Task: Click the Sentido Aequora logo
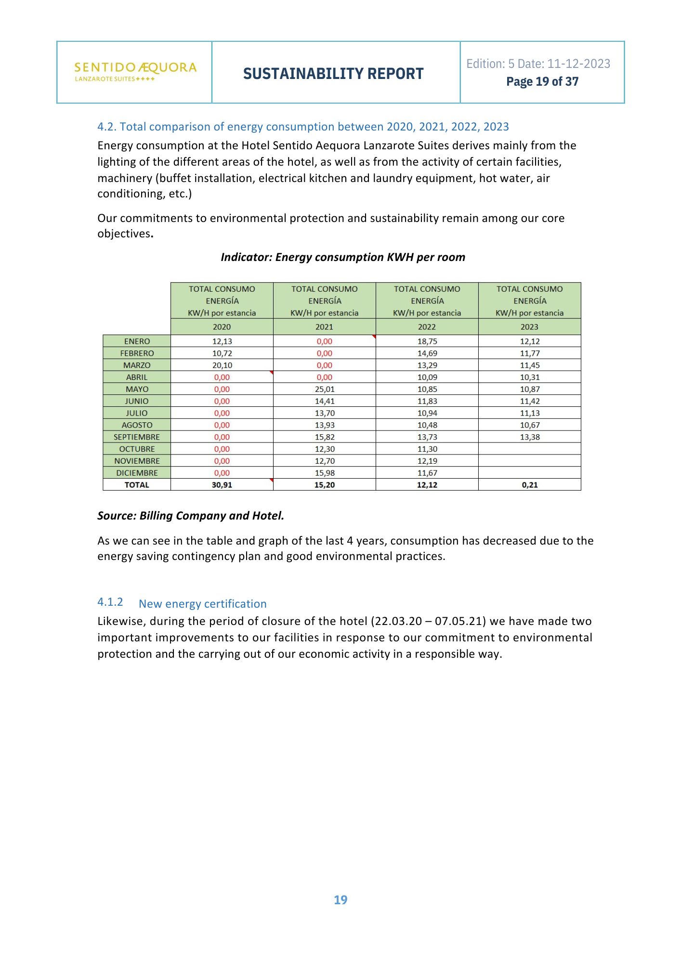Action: tap(135, 71)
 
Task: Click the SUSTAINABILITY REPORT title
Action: tap(333, 74)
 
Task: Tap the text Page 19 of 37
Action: tap(542, 82)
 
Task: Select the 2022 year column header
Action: tap(427, 327)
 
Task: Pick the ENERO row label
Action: tap(137, 341)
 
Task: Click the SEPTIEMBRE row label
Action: tap(137, 437)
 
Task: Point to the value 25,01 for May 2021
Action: tap(325, 389)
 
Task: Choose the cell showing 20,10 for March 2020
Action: tap(222, 365)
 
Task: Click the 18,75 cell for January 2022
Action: tap(427, 341)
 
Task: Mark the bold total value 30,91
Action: tap(222, 485)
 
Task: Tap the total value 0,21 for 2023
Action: tap(530, 485)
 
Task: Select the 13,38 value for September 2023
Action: tap(530, 437)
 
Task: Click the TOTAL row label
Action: tap(137, 485)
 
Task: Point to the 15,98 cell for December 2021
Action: tap(325, 473)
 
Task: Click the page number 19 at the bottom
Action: tap(340, 900)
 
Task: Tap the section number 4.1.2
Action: tap(110, 602)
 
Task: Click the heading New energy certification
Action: tap(202, 604)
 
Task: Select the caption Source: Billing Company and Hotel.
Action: tap(191, 516)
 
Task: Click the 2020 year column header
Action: tap(222, 327)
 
